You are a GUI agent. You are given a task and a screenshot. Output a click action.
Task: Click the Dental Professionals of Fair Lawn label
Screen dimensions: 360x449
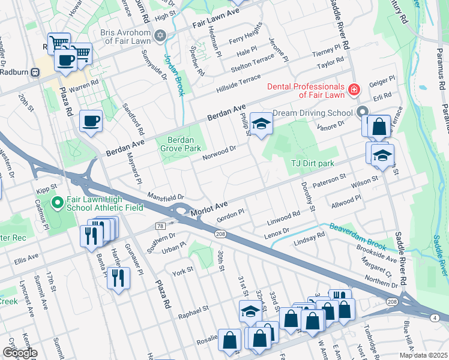(306, 90)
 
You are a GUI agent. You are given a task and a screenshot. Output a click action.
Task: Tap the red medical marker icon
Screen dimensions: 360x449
(354, 90)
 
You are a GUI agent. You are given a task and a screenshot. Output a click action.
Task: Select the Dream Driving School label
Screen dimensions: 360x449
(312, 113)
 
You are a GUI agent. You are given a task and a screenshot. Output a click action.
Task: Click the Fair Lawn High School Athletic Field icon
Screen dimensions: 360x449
(58, 203)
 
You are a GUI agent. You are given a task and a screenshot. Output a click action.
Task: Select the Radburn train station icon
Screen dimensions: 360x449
(35, 72)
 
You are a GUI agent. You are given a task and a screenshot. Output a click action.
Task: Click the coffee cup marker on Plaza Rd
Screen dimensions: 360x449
(91, 121)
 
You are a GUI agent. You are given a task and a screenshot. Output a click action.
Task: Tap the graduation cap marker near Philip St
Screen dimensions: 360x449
(261, 124)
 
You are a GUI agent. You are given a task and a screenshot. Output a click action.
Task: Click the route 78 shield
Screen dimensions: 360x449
(160, 226)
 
